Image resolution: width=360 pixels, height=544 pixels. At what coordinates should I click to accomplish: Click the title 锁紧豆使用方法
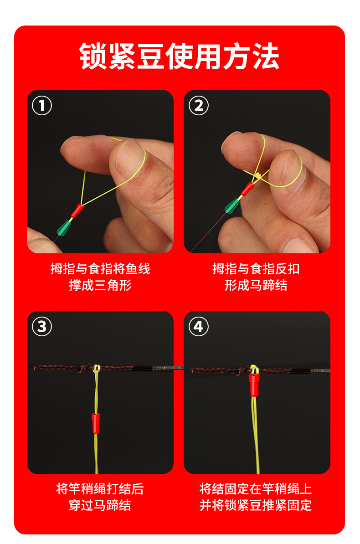(179, 56)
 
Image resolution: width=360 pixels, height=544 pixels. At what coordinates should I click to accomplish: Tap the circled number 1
(42, 105)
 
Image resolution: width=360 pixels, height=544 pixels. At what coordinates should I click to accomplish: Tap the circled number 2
(199, 105)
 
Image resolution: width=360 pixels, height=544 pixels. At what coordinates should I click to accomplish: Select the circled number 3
(42, 327)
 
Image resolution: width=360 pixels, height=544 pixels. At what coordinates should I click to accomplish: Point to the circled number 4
(199, 327)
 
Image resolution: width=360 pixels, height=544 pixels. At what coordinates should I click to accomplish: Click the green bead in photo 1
(64, 228)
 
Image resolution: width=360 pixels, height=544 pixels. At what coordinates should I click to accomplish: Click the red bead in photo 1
(77, 210)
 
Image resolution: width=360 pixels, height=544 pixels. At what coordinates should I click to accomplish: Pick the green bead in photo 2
(232, 205)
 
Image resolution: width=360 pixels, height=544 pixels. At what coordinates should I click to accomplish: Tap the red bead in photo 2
(248, 189)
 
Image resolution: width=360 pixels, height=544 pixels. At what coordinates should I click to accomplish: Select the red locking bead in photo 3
(96, 423)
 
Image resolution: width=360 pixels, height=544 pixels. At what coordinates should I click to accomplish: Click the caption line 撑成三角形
(100, 285)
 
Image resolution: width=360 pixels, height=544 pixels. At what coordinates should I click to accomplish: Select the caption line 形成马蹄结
(256, 285)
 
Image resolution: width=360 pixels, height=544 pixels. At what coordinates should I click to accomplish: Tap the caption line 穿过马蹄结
(100, 505)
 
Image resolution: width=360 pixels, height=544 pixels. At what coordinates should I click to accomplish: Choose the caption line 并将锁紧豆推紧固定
(256, 505)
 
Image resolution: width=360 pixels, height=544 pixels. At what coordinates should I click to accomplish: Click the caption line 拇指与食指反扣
(256, 269)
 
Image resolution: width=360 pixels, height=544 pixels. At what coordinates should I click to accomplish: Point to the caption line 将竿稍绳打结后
(100, 489)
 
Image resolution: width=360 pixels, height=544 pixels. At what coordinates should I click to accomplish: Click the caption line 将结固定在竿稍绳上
(256, 489)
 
